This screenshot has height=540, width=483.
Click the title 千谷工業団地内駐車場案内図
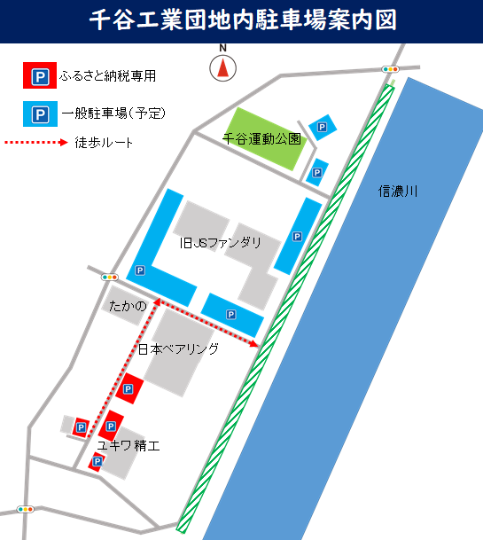click(241, 20)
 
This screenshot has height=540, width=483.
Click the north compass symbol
click(223, 65)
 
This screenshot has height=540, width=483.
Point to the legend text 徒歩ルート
click(104, 142)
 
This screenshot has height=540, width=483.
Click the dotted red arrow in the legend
click(35, 142)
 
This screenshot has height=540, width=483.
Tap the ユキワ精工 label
click(129, 445)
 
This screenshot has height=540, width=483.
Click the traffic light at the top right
click(390, 68)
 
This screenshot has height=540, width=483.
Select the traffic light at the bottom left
click(24, 510)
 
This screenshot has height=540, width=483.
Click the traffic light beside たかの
click(110, 277)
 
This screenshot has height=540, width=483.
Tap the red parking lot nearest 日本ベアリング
click(131, 388)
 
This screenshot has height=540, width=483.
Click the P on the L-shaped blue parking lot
click(139, 270)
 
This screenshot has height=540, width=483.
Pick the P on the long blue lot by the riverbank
click(297, 237)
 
